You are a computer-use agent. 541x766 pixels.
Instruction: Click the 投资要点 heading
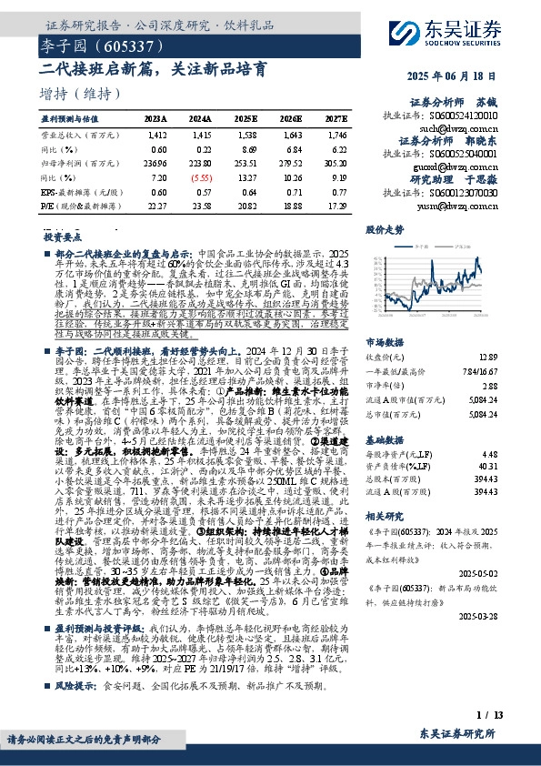[62, 236]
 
